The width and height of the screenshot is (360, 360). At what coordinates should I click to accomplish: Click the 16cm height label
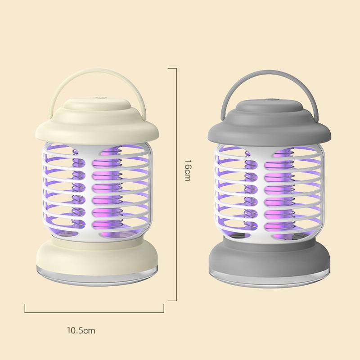(188, 170)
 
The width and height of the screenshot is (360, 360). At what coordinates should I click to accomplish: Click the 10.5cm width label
(81, 331)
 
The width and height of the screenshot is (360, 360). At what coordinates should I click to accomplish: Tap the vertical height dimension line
(176, 219)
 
